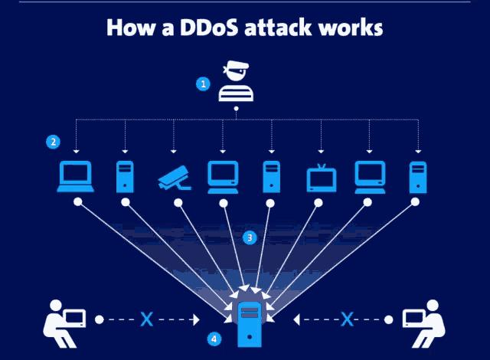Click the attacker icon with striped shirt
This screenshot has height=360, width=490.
236,83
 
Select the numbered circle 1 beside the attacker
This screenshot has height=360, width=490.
204,84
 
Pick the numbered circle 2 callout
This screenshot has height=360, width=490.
53,142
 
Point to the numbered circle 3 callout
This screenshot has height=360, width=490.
249,237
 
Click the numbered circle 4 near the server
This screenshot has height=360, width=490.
214,337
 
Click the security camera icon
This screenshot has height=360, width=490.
175,176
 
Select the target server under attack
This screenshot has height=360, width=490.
248,322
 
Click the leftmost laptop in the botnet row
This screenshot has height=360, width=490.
76,177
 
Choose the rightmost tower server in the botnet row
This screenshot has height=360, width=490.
417,176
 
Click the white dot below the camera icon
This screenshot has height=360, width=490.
178,203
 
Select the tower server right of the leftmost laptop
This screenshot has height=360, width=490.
125,176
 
